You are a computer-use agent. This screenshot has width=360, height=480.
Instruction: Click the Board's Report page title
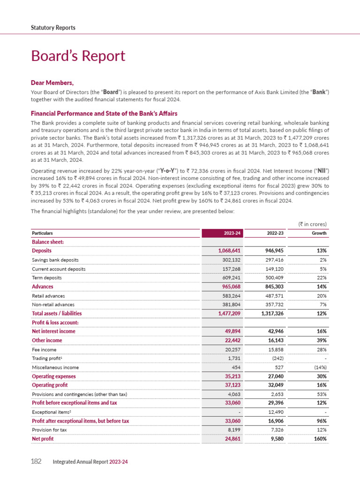(78, 56)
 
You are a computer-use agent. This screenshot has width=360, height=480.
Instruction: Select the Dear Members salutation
(52, 83)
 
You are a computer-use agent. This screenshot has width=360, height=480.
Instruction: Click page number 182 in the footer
(36, 462)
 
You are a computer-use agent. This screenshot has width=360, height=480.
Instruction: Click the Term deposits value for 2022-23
(271, 277)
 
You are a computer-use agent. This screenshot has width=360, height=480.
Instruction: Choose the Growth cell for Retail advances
(320, 296)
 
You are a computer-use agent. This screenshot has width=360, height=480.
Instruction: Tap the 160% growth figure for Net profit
(318, 439)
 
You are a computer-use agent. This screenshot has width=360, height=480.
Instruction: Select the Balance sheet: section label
(47, 242)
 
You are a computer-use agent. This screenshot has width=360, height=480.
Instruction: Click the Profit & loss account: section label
(55, 322)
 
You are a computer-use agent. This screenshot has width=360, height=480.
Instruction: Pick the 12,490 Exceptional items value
(272, 412)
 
